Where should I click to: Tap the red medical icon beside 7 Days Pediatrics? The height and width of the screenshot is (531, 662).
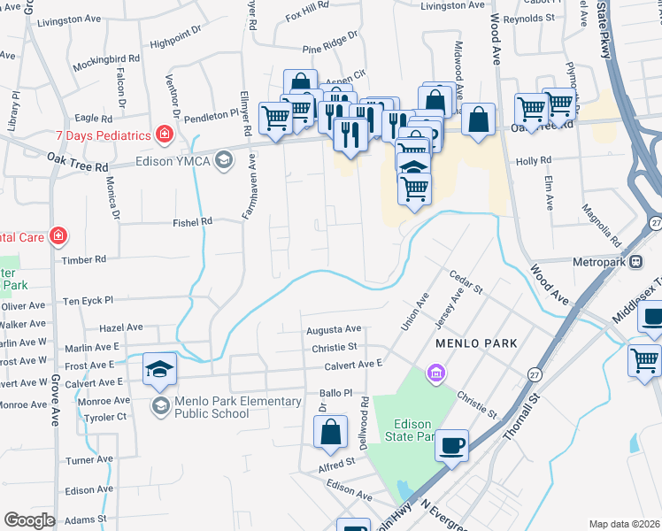pyautogui.click(x=164, y=135)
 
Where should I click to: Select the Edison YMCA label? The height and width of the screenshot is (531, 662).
pyautogui.click(x=173, y=161)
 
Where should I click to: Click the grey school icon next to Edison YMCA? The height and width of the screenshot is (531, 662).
pyautogui.click(x=224, y=160)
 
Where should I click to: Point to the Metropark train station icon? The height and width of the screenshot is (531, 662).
pyautogui.click(x=635, y=261)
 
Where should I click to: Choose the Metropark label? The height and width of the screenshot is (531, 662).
pyautogui.click(x=599, y=262)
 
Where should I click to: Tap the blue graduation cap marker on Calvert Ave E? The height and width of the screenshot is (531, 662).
pyautogui.click(x=160, y=368)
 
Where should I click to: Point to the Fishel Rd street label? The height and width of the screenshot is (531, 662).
pyautogui.click(x=193, y=221)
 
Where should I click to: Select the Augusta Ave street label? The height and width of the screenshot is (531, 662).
pyautogui.click(x=334, y=329)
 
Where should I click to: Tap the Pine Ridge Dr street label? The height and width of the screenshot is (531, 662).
pyautogui.click(x=329, y=36)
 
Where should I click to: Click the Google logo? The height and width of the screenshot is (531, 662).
pyautogui.click(x=29, y=519)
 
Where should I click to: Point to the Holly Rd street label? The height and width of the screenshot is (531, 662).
pyautogui.click(x=534, y=161)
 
